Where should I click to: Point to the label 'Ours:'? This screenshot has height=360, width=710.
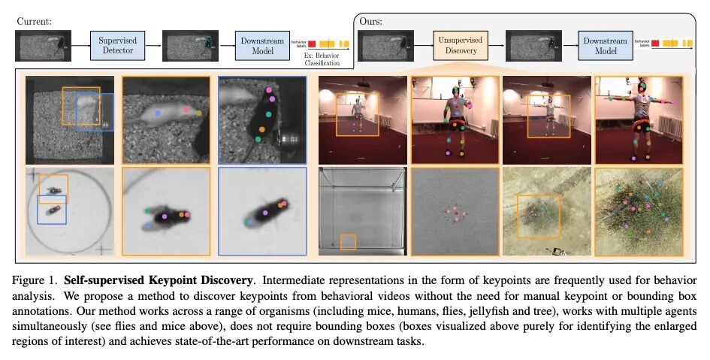(x=372, y=22)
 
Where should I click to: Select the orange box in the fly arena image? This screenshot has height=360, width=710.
(x=53, y=187)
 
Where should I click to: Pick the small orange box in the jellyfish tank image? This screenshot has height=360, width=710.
(x=348, y=241)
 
